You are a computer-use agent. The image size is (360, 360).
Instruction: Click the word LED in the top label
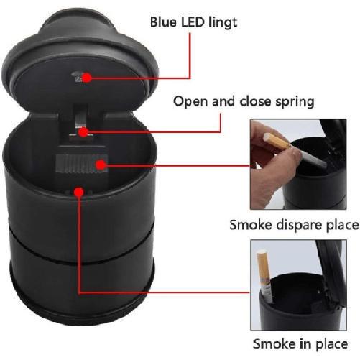click(193, 22)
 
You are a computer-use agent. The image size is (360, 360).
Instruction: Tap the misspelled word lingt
click(223, 24)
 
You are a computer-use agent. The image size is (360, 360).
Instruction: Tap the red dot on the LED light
click(87, 78)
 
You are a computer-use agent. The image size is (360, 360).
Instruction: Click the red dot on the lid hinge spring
click(83, 131)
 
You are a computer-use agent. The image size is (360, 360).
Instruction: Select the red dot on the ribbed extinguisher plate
click(101, 165)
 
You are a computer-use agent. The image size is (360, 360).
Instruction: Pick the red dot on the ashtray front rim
click(79, 192)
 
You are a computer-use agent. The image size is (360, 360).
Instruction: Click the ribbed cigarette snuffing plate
click(81, 164)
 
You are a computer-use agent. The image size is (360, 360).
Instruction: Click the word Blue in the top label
click(164, 22)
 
